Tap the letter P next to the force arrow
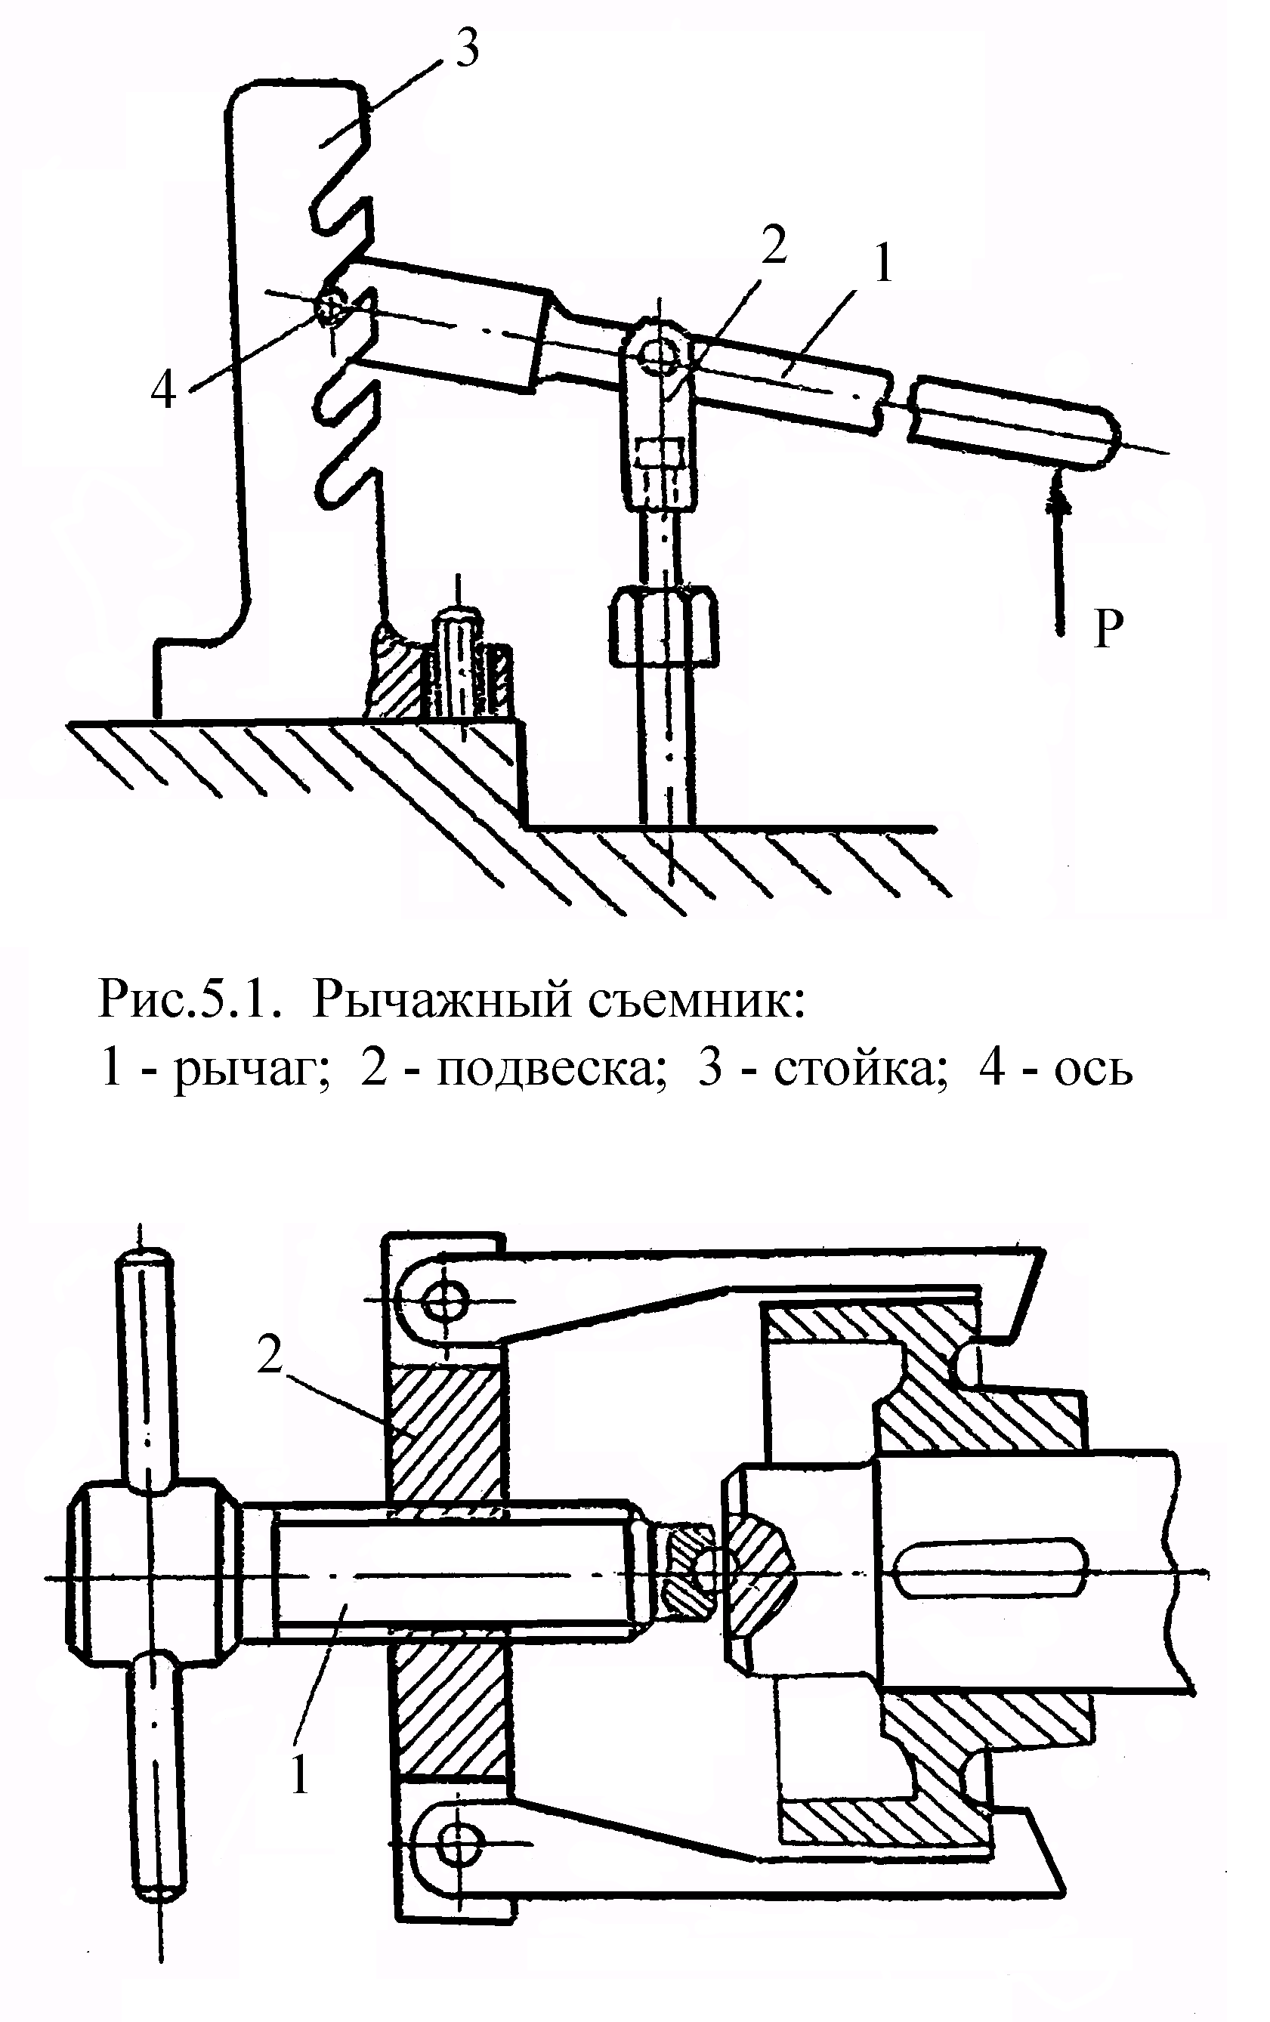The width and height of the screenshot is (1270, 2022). coord(1109,628)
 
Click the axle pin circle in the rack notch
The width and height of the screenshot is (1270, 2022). coord(331,308)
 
